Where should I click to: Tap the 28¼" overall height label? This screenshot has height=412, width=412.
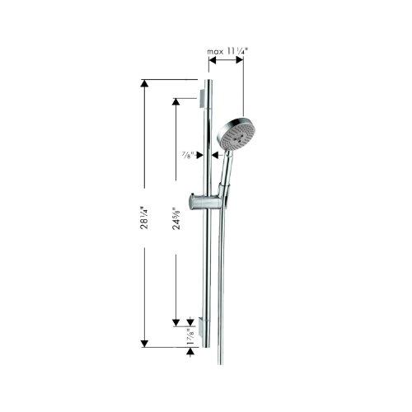[145, 222]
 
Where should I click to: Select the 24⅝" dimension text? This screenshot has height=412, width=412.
[174, 222]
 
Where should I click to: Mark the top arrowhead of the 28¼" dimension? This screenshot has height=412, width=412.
[145, 85]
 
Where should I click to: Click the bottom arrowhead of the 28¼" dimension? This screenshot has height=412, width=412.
[145, 342]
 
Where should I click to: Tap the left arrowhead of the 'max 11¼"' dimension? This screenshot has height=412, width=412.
[210, 62]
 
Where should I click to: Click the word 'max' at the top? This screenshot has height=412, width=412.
[214, 51]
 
